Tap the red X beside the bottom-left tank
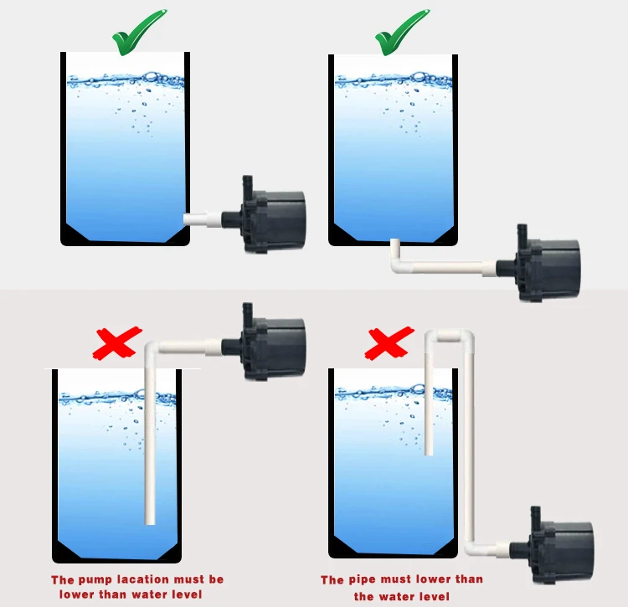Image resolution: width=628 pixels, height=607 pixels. [x=117, y=342]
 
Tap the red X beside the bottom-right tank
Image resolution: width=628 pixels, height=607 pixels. [x=389, y=343]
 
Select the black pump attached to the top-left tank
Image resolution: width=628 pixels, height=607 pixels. [x=265, y=216]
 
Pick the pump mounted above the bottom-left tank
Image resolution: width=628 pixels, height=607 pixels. [x=265, y=343]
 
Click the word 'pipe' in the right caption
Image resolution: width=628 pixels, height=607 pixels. [x=363, y=579]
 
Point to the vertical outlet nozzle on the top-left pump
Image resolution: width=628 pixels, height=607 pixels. [x=247, y=185]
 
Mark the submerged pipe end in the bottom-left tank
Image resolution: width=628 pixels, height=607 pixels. [x=150, y=521]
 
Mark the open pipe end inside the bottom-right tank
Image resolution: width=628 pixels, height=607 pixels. [x=429, y=451]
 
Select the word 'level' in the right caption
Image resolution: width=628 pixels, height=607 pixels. [x=433, y=597]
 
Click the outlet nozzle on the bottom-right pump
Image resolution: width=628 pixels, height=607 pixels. [x=536, y=516]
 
